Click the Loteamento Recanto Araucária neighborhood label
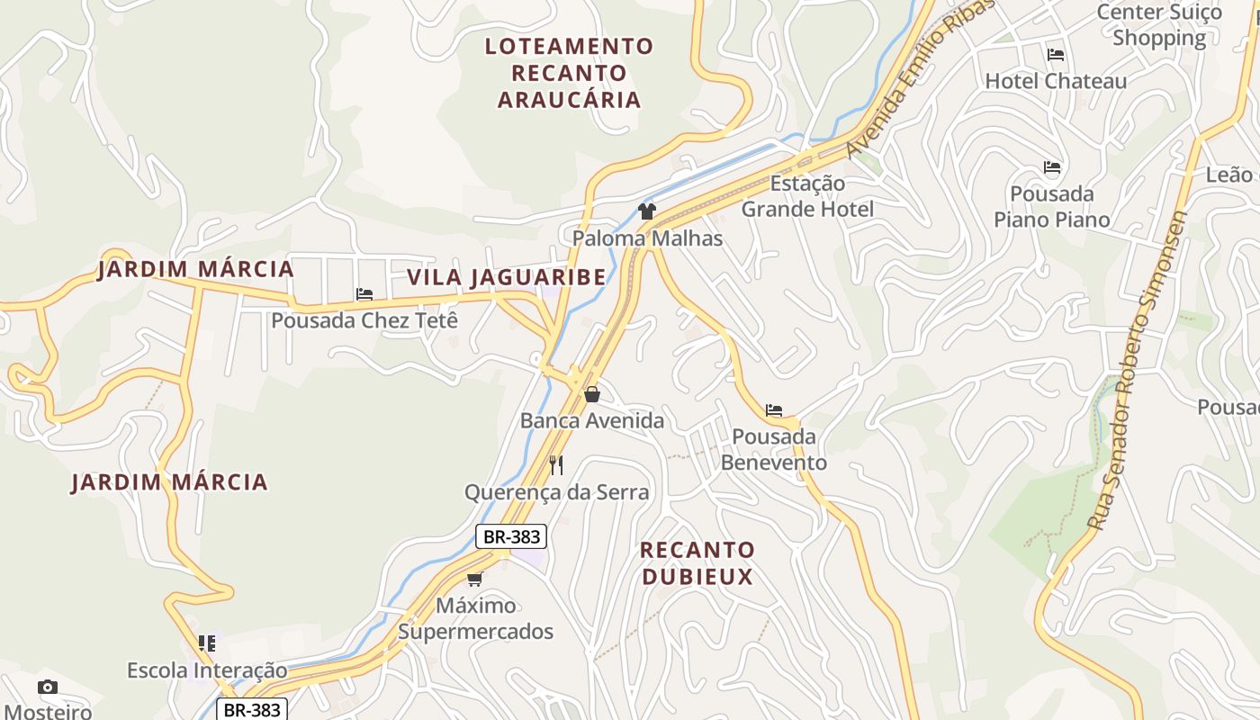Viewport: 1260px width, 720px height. [x=569, y=73]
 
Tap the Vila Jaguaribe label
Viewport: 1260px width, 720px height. [x=506, y=277]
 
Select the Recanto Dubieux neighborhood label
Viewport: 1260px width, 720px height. [x=697, y=562]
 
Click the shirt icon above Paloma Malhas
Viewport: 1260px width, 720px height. [x=646, y=211]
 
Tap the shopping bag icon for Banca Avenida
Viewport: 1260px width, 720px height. [x=592, y=394]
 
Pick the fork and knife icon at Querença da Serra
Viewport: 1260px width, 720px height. [x=556, y=465]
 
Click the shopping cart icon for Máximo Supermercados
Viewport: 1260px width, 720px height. [x=474, y=579]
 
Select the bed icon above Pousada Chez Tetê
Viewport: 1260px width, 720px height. [x=364, y=294]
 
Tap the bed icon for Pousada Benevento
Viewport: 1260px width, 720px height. [x=774, y=410]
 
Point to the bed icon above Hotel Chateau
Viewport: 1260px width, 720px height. [x=1056, y=55]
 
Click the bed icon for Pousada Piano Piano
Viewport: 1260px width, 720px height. [x=1052, y=167]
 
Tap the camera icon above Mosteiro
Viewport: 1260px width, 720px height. [x=48, y=688]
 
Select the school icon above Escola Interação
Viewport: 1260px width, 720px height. [x=207, y=643]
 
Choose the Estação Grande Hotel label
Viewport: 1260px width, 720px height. [x=807, y=196]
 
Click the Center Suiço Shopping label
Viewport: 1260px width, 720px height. [x=1159, y=25]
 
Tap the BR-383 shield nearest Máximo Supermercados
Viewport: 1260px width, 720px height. [x=511, y=537]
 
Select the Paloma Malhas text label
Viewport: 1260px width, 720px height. [x=647, y=238]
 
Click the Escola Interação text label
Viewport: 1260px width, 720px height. [x=207, y=670]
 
